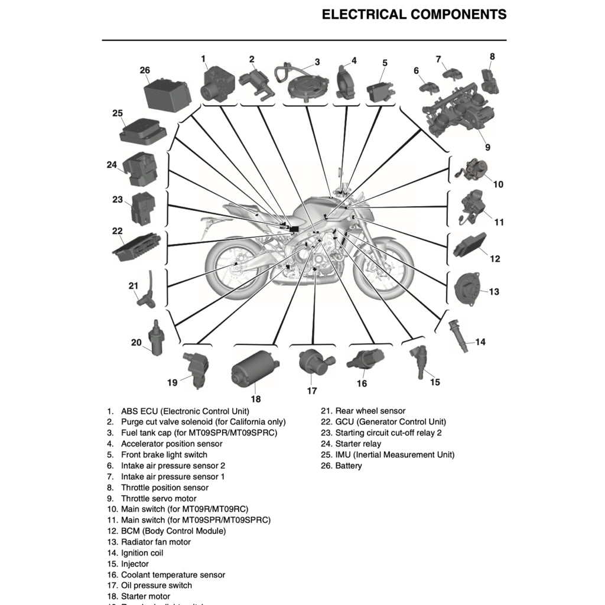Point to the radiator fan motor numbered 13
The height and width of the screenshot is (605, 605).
pyautogui.click(x=467, y=290)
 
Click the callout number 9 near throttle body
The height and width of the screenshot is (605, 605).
pyautogui.click(x=487, y=148)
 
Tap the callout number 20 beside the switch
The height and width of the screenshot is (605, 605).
pyautogui.click(x=136, y=342)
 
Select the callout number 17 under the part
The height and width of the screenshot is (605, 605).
pyautogui.click(x=312, y=391)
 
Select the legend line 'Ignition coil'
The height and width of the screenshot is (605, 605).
pyautogui.click(x=142, y=553)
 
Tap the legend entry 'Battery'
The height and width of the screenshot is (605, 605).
pyautogui.click(x=348, y=466)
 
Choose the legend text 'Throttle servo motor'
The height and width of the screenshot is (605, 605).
pyautogui.click(x=158, y=499)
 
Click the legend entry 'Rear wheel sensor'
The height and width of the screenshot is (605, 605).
pyautogui.click(x=370, y=411)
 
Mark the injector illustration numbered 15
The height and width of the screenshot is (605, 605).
pyautogui.click(x=418, y=362)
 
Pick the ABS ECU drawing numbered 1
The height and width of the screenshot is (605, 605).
pyautogui.click(x=216, y=84)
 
